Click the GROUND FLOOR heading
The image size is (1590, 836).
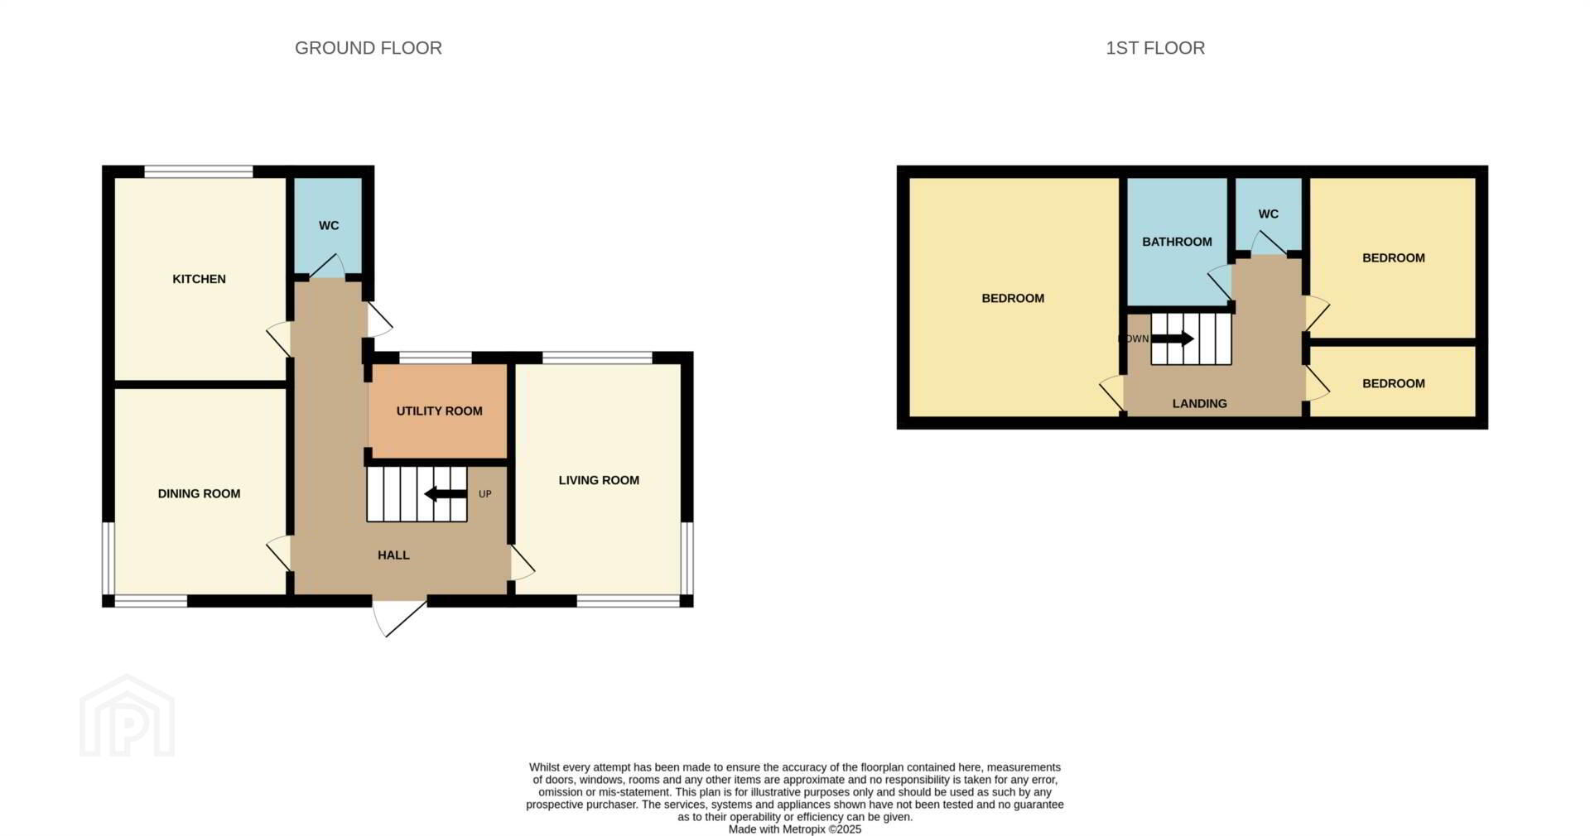(x=369, y=48)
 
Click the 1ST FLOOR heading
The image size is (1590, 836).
(x=1155, y=48)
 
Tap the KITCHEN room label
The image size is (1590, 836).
(x=199, y=279)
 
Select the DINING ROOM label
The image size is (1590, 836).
(x=199, y=493)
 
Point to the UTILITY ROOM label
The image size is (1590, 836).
(x=439, y=411)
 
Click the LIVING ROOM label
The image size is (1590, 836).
(x=599, y=480)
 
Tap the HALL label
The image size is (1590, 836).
(x=393, y=555)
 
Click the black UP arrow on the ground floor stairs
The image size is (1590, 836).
(x=446, y=494)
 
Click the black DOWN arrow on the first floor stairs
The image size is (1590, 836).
(x=1173, y=339)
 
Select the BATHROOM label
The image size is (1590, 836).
(x=1177, y=242)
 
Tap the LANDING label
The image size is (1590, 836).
(x=1199, y=404)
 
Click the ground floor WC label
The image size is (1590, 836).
(x=329, y=225)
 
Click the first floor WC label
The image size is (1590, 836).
(x=1268, y=214)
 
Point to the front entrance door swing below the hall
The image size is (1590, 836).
(x=399, y=617)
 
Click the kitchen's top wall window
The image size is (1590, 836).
(x=199, y=171)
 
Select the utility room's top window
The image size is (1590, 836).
(x=436, y=358)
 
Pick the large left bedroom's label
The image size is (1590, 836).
(x=1013, y=298)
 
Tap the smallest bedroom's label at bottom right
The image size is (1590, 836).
(x=1394, y=383)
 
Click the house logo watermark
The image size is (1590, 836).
(x=127, y=715)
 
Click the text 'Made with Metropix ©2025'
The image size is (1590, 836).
(x=795, y=829)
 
